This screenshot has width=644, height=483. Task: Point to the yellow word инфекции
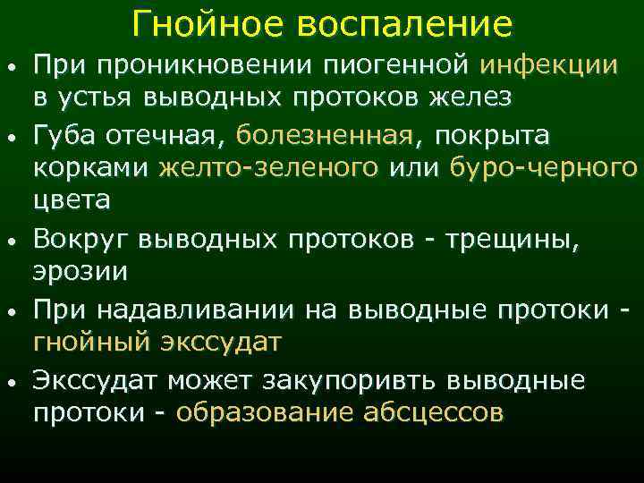pos(549,65)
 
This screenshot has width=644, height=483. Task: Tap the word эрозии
pos(80,270)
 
